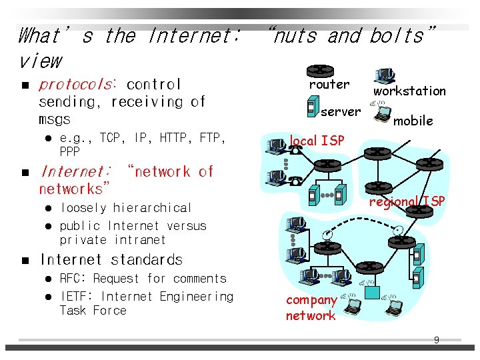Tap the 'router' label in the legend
click(329, 85)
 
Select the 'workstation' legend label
click(409, 91)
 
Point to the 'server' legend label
click(340, 111)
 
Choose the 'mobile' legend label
click(413, 121)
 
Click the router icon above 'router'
click(321, 69)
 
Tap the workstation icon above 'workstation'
click(384, 75)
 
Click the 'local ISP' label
click(317, 141)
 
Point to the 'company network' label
click(311, 308)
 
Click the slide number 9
click(437, 340)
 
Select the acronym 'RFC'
click(71, 279)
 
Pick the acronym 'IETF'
click(74, 297)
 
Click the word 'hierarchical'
click(153, 208)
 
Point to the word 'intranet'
click(139, 240)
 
